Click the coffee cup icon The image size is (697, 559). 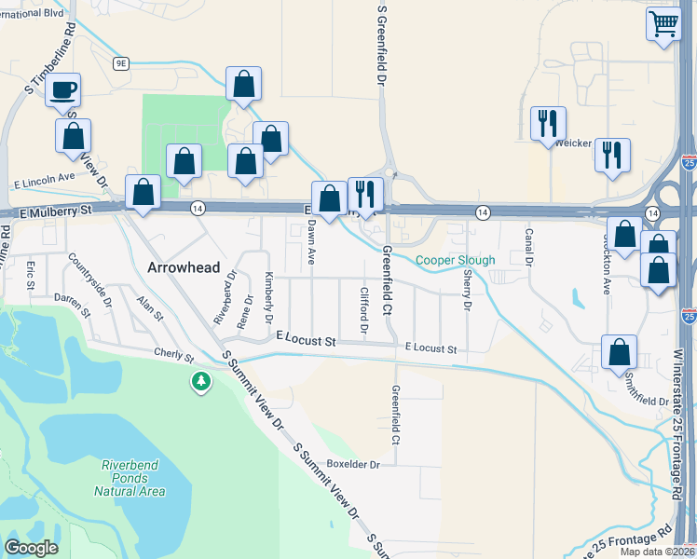(x=63, y=90)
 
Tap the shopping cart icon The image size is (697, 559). (x=663, y=23)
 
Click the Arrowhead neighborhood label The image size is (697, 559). (x=184, y=267)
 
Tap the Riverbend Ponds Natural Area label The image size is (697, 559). (x=130, y=477)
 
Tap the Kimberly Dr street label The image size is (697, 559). (x=268, y=297)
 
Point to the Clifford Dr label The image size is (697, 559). (x=364, y=312)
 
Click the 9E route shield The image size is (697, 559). (x=121, y=62)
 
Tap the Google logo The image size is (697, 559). (x=31, y=548)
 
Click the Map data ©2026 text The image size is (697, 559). (x=657, y=552)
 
